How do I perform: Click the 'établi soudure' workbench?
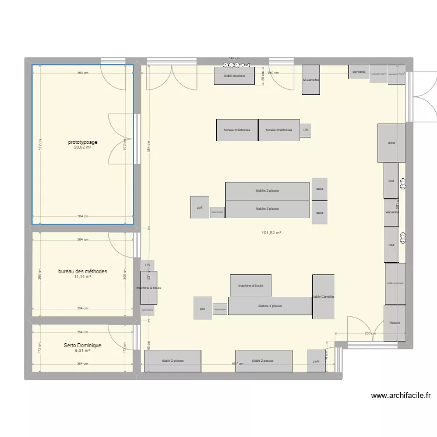click(234, 76)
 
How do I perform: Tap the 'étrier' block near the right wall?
click(392, 143)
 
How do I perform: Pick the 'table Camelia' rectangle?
click(323, 297)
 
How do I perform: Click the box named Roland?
click(394, 323)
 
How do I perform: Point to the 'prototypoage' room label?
click(82, 142)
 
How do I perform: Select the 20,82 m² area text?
click(82, 147)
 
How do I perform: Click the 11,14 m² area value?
click(82, 277)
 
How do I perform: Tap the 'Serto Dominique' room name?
click(82, 346)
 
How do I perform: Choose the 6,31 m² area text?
click(82, 351)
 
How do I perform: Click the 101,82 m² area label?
click(272, 233)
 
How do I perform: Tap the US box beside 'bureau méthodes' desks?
click(305, 131)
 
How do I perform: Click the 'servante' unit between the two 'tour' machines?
click(392, 212)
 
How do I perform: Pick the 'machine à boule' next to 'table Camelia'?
click(251, 286)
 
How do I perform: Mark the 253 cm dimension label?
click(370, 333)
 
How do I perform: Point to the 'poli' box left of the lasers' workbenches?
click(199, 207)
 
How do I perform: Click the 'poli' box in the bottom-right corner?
click(316, 361)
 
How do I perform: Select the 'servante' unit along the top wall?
click(358, 72)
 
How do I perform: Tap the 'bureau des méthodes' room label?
click(82, 272)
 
